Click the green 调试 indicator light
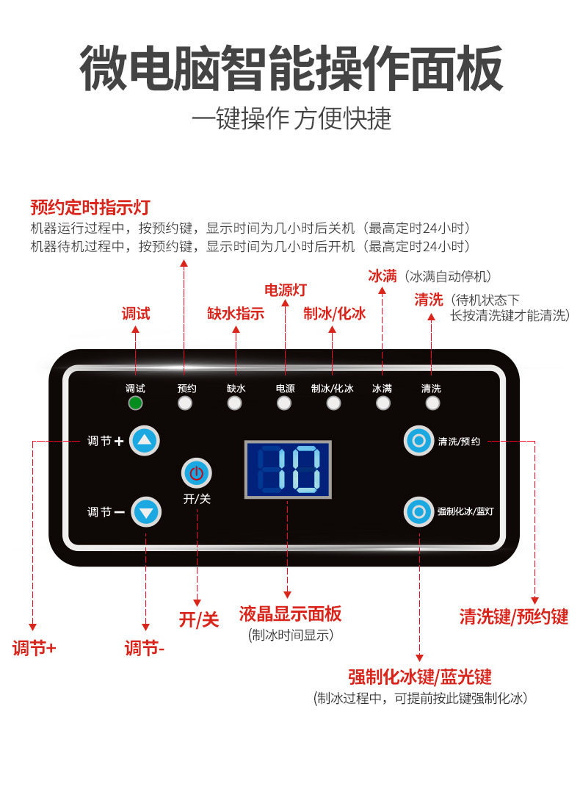tap(135, 403)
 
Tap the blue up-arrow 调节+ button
tap(145, 441)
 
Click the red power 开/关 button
tap(196, 473)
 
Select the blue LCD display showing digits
tap(288, 469)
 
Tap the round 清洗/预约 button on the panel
tap(418, 441)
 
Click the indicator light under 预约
tap(186, 403)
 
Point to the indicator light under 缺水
tap(235, 403)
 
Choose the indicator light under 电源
tap(284, 403)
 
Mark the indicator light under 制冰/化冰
tap(333, 403)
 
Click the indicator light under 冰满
tap(383, 403)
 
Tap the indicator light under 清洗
tap(432, 403)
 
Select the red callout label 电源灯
tap(286, 289)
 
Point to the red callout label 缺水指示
tap(236, 314)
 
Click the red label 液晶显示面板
tap(290, 614)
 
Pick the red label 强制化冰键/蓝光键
tap(420, 676)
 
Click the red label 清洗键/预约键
tap(514, 616)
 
